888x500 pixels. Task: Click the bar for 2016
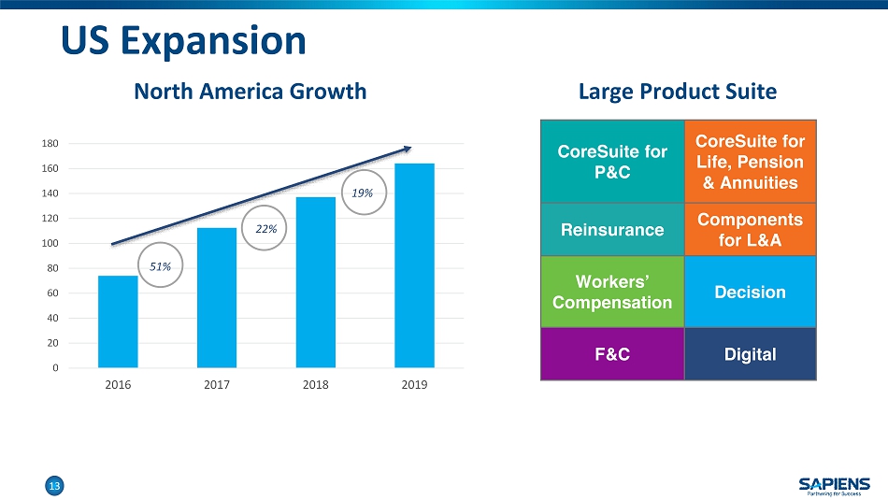pyautogui.click(x=118, y=321)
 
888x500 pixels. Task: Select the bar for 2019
pyautogui.click(x=414, y=265)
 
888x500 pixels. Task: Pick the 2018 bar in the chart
pyautogui.click(x=315, y=282)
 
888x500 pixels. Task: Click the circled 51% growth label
pyautogui.click(x=161, y=266)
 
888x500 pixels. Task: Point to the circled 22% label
pyautogui.click(x=265, y=228)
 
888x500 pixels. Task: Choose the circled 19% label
pyautogui.click(x=363, y=193)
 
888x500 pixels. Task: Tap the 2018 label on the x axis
pyautogui.click(x=315, y=385)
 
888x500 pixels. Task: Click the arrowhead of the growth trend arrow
pyautogui.click(x=406, y=148)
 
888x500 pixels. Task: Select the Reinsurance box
pyautogui.click(x=612, y=229)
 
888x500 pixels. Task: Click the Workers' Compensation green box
pyautogui.click(x=612, y=292)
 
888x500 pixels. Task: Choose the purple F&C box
pyautogui.click(x=612, y=354)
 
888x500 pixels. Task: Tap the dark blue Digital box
pyautogui.click(x=750, y=354)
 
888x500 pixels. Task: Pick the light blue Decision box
pyautogui.click(x=750, y=292)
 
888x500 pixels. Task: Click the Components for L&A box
pyautogui.click(x=750, y=229)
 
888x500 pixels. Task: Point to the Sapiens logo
pyautogui.click(x=834, y=484)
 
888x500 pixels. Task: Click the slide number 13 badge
pyautogui.click(x=54, y=485)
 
